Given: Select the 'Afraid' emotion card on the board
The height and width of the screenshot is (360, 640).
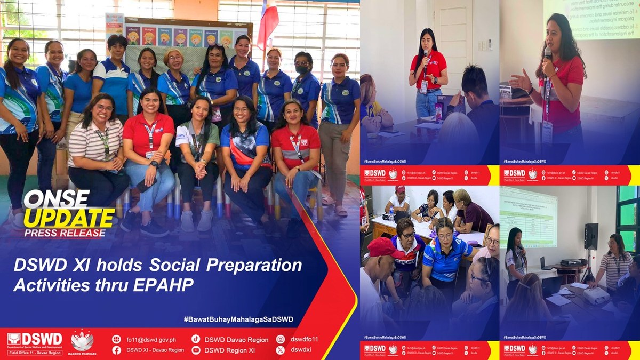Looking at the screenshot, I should (133, 36).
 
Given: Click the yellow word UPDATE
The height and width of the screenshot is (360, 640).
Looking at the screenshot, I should (69, 218).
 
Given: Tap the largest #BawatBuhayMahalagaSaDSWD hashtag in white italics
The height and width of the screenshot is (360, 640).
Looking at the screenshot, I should (238, 319).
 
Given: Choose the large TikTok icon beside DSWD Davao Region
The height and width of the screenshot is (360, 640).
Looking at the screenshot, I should (196, 339).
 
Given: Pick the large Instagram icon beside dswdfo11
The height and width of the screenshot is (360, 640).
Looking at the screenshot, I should (281, 339).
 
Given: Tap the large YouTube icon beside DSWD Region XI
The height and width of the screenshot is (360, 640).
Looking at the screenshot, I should (196, 350).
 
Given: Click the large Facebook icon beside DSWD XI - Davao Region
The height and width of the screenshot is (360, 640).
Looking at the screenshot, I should (116, 350).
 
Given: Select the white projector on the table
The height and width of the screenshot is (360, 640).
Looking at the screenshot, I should (596, 295).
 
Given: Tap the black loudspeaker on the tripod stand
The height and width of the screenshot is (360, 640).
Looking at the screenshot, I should (591, 236).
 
